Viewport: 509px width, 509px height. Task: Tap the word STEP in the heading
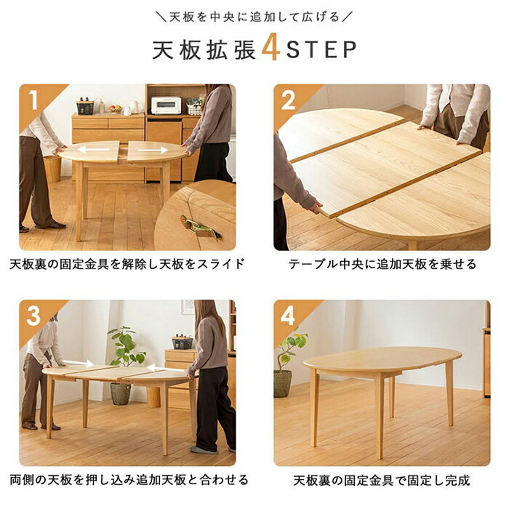point(321,50)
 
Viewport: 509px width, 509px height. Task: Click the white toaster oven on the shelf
point(166,105)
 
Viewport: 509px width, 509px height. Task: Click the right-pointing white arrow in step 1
point(153,150)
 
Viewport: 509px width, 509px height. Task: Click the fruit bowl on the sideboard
point(115,108)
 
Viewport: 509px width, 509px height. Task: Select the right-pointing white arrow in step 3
point(78,363)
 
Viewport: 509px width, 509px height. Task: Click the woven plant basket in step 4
point(282,383)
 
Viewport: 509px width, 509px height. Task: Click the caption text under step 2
point(382,264)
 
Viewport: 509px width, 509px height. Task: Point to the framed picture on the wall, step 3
point(188,307)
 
